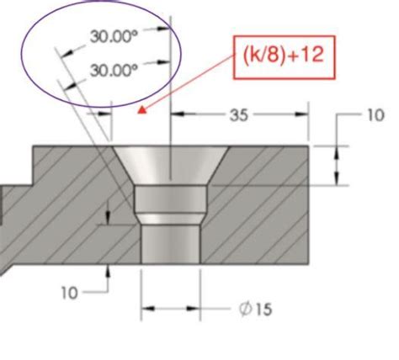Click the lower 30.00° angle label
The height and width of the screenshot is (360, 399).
coord(114,70)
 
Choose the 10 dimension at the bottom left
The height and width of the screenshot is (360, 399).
coord(70,293)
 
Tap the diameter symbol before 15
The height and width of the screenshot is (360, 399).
coord(244,310)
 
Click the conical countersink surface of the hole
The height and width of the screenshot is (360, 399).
coord(169,164)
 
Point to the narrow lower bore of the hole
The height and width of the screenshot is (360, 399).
coord(170,244)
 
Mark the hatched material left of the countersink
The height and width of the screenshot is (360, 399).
coord(76,185)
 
